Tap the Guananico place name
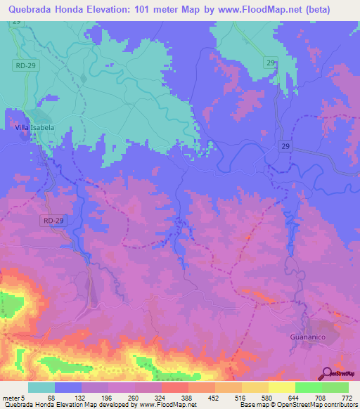[x=308, y=337]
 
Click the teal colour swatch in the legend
[x=41, y=388]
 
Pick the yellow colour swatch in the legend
[x=281, y=388]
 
